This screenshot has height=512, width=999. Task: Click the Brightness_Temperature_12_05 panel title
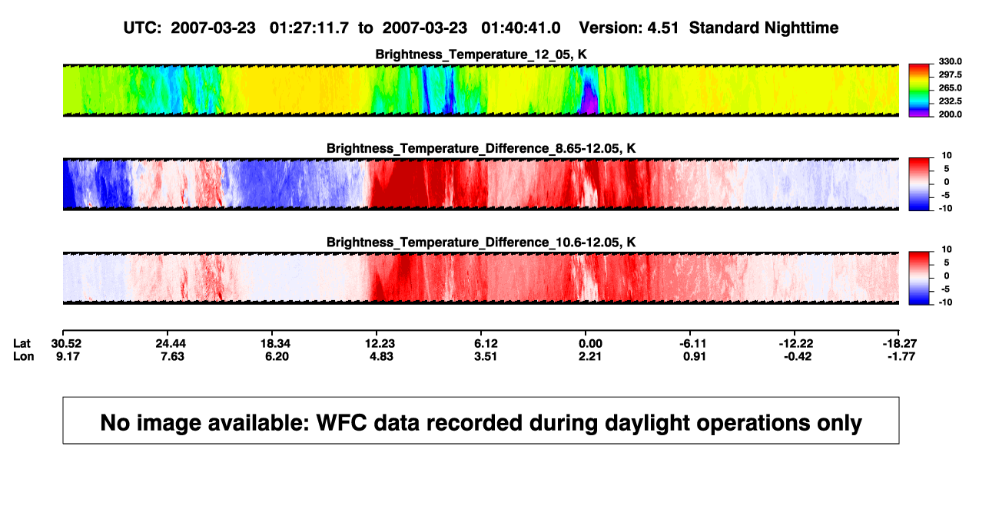(x=481, y=55)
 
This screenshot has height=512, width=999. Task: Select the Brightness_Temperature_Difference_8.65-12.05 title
(x=481, y=148)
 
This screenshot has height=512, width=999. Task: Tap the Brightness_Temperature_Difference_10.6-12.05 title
(x=481, y=243)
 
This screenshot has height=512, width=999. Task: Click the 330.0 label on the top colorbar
(x=950, y=61)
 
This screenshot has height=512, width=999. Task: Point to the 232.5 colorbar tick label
(x=950, y=101)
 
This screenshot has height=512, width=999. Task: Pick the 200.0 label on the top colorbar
(x=950, y=114)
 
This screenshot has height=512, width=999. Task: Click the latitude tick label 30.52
(x=66, y=344)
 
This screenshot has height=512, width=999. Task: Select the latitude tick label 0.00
(x=590, y=344)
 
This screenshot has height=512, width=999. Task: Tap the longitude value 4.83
(x=381, y=356)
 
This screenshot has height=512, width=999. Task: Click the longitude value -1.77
(x=901, y=356)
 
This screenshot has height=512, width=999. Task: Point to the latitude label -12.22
(x=796, y=344)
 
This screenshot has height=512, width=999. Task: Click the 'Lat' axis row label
(x=22, y=344)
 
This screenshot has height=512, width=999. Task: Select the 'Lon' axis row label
(x=23, y=356)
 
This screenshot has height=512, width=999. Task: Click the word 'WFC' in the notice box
(x=341, y=422)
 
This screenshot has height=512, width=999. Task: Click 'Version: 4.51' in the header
(x=629, y=28)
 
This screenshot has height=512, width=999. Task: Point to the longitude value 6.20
(x=277, y=356)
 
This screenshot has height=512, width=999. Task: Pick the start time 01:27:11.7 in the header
(x=309, y=28)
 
